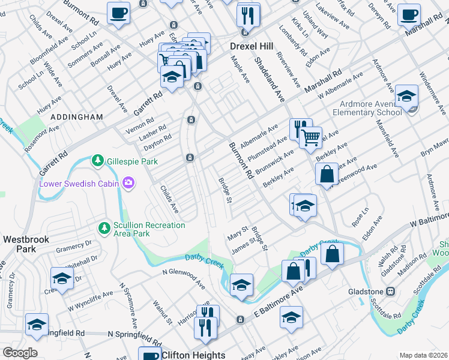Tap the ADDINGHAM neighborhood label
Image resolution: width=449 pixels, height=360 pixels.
point(77,117)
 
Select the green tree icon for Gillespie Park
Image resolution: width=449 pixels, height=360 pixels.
point(97,161)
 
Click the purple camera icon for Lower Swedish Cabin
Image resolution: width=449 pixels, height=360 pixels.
point(127,182)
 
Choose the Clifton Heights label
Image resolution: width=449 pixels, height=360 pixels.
point(193,355)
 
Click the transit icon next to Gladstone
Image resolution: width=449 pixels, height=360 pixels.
point(390,292)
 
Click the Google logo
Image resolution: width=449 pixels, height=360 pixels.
point(20,353)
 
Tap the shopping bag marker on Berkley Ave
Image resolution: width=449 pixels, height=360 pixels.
point(326,175)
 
